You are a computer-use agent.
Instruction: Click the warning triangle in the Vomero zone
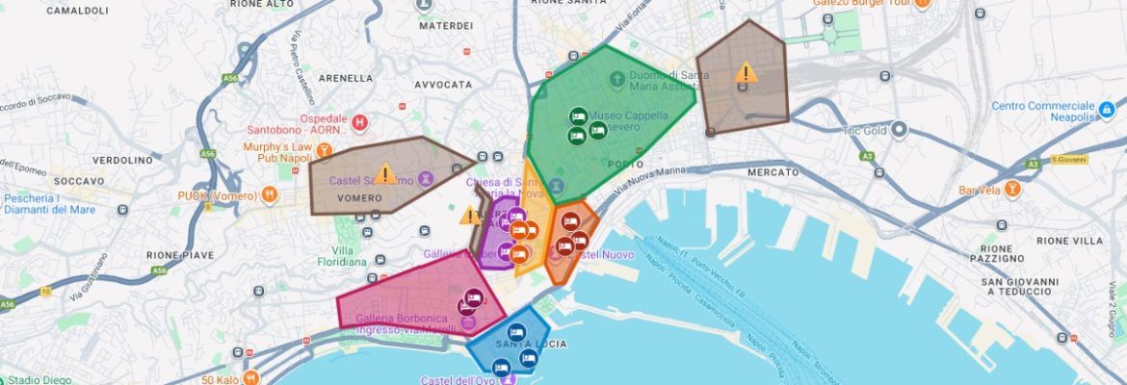(x=385, y=174)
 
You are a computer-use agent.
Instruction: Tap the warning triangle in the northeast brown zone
(x=745, y=73)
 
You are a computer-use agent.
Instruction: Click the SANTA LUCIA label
(x=531, y=344)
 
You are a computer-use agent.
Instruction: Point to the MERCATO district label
(x=773, y=172)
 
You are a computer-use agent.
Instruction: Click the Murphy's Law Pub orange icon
(x=325, y=150)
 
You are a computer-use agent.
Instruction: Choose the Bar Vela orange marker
(x=1012, y=190)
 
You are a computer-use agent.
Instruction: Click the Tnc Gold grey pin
(x=899, y=129)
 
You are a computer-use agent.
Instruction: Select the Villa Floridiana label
(x=343, y=255)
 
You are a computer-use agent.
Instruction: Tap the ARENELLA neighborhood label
(x=345, y=78)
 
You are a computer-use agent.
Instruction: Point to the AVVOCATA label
(x=443, y=85)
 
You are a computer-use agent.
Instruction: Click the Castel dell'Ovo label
(x=461, y=380)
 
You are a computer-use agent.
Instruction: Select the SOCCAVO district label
(x=79, y=181)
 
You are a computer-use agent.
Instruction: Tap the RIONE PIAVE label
(x=179, y=255)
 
